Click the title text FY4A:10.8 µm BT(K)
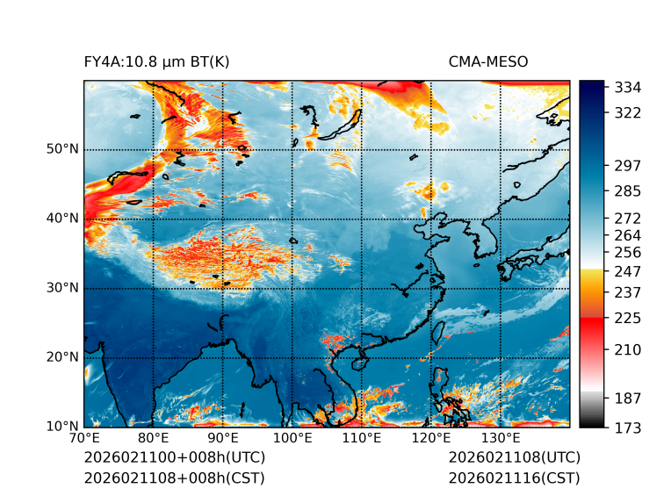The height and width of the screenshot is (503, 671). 157,61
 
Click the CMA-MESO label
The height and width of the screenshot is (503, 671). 487,61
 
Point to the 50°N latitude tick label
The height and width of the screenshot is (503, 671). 63,149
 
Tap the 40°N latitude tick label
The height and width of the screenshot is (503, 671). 63,219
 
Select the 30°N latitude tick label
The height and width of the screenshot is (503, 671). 63,288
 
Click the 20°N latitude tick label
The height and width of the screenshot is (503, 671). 63,357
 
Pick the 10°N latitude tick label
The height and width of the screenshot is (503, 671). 63,427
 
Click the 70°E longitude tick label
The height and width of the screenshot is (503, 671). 84,439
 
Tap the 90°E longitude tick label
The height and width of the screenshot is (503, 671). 223,439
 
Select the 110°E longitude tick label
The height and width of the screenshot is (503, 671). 362,439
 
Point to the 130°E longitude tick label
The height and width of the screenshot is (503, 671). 501,439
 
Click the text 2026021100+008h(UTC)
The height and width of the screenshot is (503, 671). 174,458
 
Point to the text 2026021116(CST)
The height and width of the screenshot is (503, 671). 514,478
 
